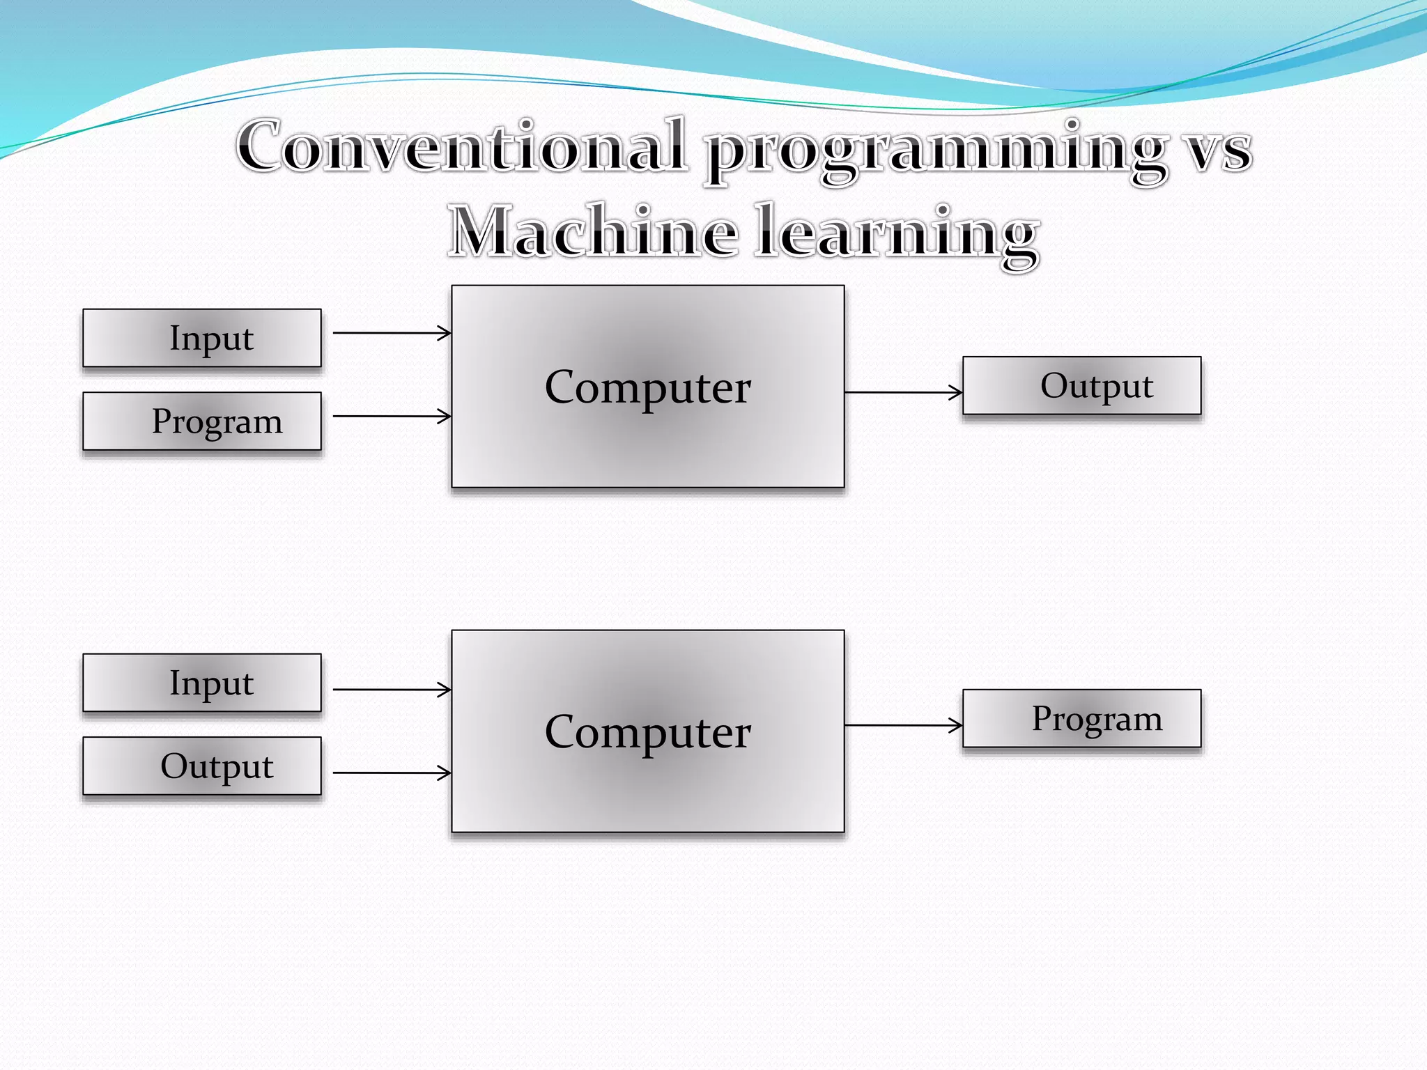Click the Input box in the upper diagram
[202, 338]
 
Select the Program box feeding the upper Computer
[202, 421]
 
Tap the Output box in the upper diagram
[1081, 385]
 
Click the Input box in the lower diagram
[202, 683]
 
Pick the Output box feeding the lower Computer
[202, 766]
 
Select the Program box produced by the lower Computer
[1081, 718]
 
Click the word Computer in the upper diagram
[647, 387]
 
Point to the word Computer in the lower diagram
[647, 731]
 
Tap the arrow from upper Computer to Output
[902, 392]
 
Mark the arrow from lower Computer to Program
[902, 725]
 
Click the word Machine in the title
[592, 232]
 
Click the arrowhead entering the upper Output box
[957, 392]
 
